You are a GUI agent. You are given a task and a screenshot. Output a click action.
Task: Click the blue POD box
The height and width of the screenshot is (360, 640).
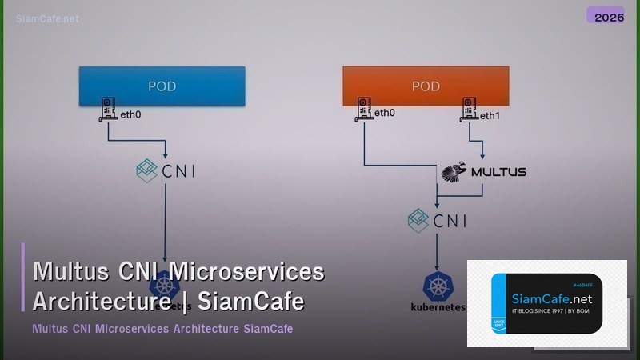click(x=162, y=86)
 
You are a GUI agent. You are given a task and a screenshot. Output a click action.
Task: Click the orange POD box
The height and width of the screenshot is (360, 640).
click(x=426, y=86)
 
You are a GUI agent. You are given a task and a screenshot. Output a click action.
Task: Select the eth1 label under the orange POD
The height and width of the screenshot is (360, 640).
click(x=489, y=115)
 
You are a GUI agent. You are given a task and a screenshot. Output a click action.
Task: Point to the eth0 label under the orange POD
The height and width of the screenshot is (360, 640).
click(x=385, y=114)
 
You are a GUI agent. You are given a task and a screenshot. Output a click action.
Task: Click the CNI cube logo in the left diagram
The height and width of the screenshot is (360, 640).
click(x=146, y=170)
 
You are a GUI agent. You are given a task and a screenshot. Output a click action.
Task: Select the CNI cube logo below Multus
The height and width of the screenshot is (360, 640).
click(x=419, y=218)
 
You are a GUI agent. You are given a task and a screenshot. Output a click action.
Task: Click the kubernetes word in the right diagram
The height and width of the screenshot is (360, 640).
click(x=437, y=306)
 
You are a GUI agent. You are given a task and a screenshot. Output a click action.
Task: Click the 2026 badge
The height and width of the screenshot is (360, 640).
click(x=605, y=15)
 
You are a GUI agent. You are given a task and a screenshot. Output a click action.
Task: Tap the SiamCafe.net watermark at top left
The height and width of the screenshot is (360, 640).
click(x=47, y=18)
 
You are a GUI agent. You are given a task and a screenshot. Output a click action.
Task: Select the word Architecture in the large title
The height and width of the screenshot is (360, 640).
click(x=100, y=302)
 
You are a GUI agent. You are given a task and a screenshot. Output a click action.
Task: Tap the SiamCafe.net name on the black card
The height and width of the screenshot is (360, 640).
click(x=550, y=298)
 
